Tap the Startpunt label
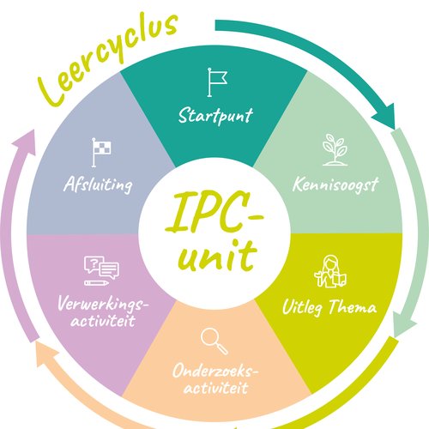[215, 116]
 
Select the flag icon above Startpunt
[217, 82]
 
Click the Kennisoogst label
[335, 184]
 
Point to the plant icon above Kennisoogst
[335, 150]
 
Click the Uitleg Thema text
[329, 307]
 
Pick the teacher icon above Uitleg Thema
[330, 271]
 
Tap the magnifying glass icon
[214, 341]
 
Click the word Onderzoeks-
[215, 371]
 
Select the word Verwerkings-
[103, 304]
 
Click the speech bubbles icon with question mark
[101, 268]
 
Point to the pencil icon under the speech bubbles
[96, 283]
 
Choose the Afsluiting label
[98, 184]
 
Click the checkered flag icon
[101, 153]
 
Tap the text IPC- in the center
[214, 212]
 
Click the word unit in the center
[217, 256]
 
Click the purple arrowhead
[25, 142]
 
